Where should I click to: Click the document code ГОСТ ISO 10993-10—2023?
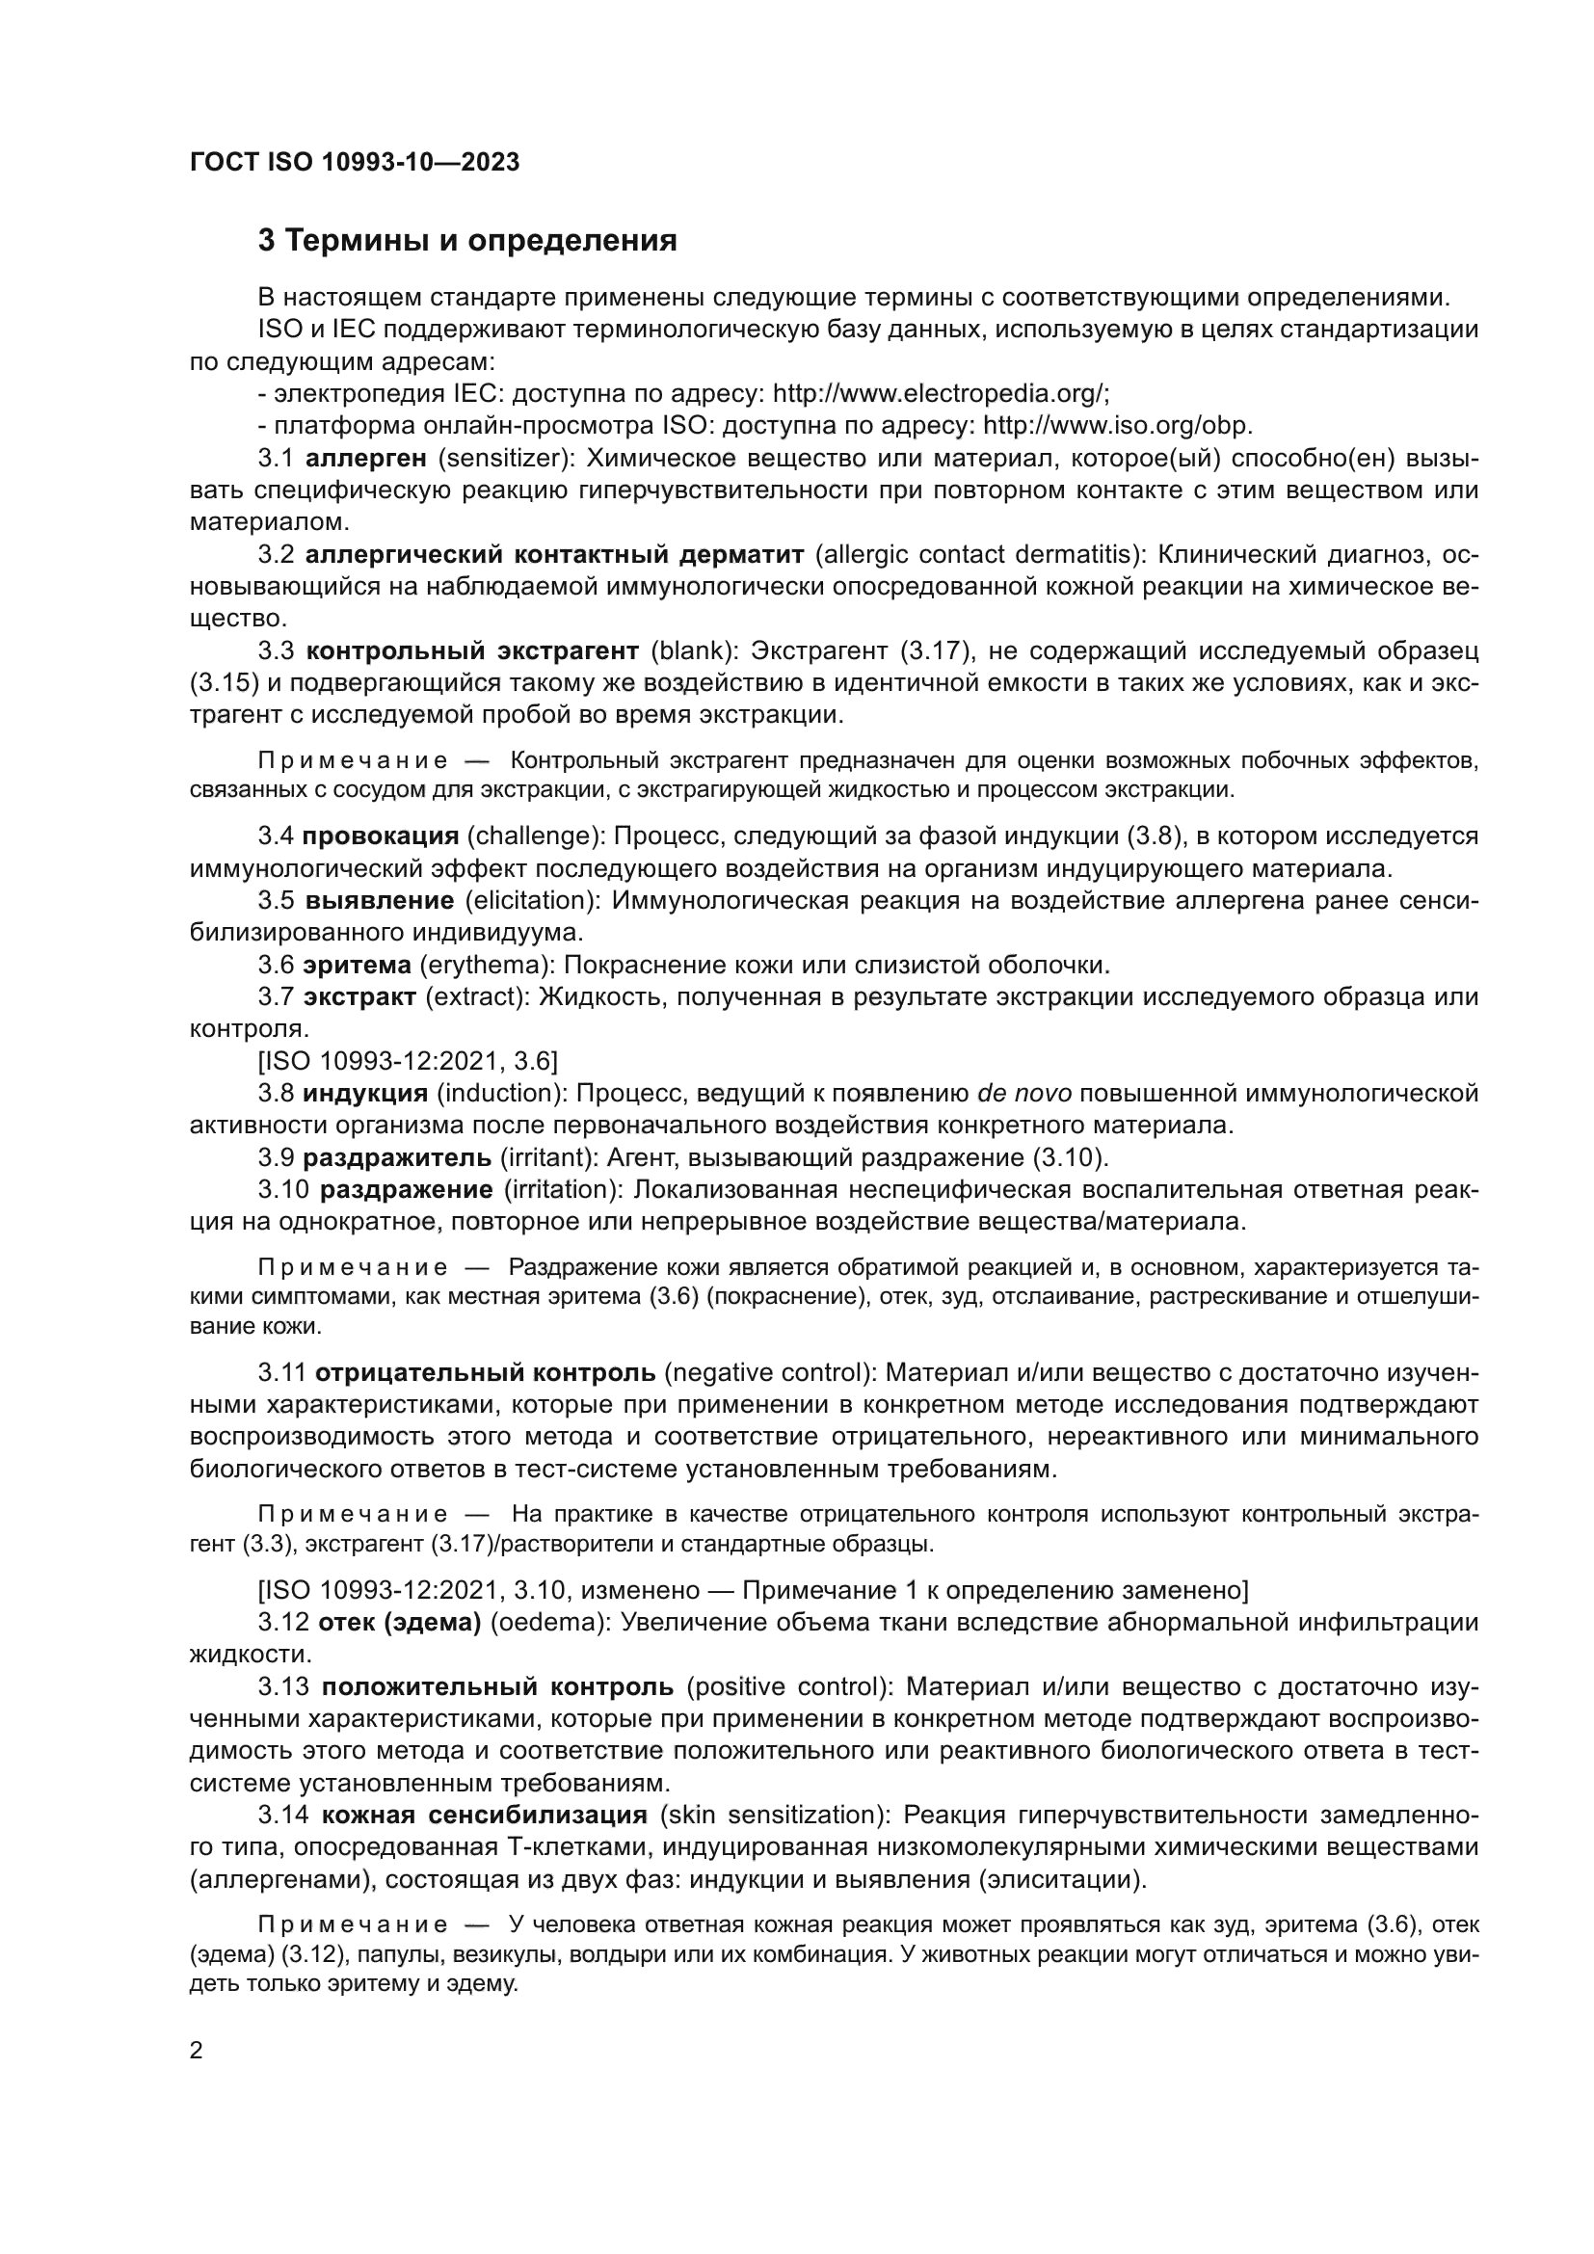355,163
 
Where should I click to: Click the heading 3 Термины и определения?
467,241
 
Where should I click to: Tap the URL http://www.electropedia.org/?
940,394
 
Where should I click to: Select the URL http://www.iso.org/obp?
1117,426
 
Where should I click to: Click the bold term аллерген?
366,459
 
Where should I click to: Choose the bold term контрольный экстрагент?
472,650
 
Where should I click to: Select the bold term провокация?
380,836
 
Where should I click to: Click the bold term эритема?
357,965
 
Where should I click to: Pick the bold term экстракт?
359,997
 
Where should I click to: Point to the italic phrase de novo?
1023,1094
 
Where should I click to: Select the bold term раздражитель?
396,1158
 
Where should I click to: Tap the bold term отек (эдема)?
400,1624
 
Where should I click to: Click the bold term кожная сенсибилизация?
484,1816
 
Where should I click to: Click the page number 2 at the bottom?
197,2051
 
